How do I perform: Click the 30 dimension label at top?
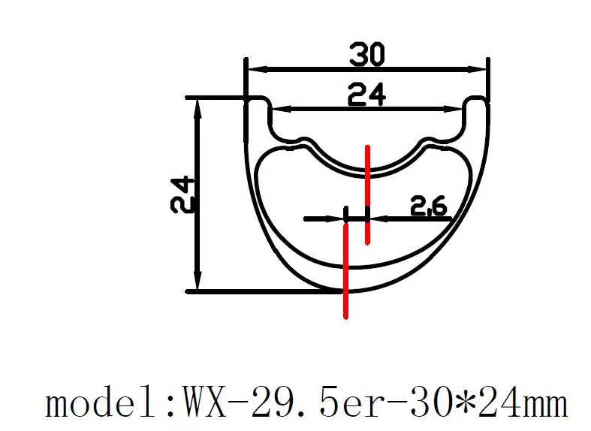coord(366,55)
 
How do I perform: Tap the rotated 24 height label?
coord(182,194)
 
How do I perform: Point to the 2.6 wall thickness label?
coord(428,205)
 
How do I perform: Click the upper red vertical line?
coord(367,194)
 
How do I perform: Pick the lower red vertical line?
coord(345,271)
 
